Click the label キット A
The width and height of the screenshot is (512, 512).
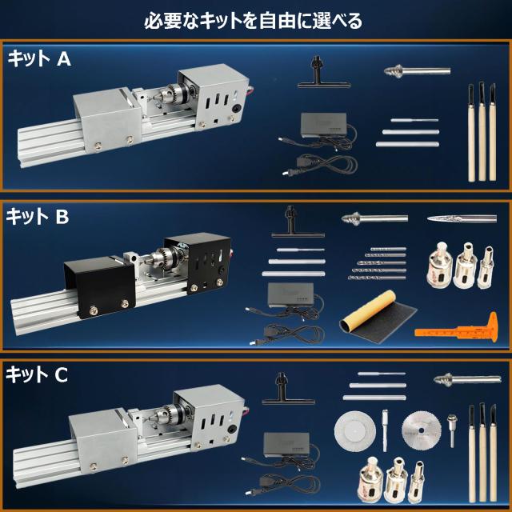[x=40, y=58]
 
